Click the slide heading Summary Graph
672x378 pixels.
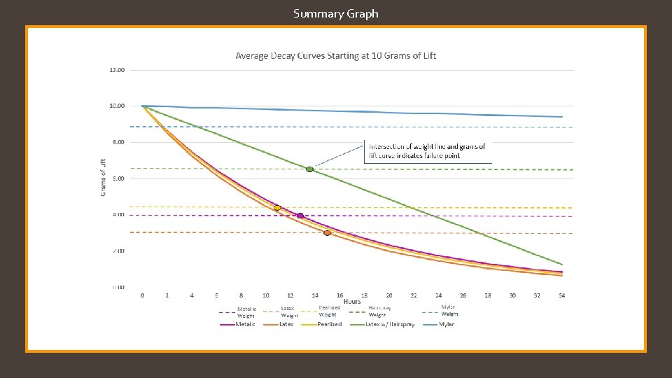point(336,13)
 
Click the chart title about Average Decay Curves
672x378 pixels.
point(335,55)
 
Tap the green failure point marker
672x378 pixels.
point(309,169)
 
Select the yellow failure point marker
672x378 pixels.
point(277,208)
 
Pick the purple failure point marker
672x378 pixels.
point(300,216)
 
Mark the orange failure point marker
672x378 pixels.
point(327,232)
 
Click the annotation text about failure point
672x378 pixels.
point(427,151)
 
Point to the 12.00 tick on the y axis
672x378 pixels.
point(117,70)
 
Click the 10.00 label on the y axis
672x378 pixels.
point(117,106)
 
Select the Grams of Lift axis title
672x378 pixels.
point(104,178)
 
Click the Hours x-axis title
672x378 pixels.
point(352,302)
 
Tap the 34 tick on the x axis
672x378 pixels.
point(562,295)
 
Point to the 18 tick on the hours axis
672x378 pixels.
point(364,295)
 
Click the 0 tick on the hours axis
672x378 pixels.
point(142,295)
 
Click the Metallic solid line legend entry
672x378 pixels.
point(237,324)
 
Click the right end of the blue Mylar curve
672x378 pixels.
point(561,117)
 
